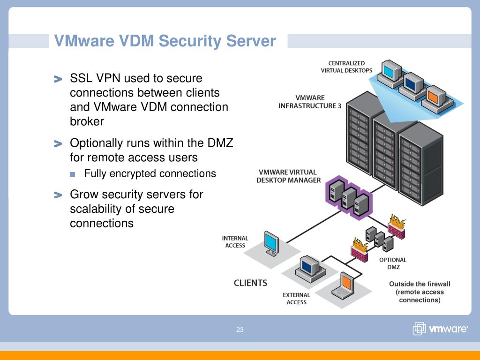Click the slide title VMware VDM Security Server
tap(165, 41)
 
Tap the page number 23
tap(240, 330)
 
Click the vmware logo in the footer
tap(440, 329)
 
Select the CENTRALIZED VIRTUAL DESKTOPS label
tap(346, 67)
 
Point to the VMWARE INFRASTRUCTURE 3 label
tap(310, 102)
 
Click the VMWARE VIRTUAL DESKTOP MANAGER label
tap(288, 176)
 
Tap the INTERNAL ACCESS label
tap(235, 242)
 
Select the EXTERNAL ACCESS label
tap(296, 299)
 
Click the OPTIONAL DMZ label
tap(393, 263)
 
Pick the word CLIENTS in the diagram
tap(250, 283)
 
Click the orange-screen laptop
tap(344, 286)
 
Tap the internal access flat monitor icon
tap(272, 243)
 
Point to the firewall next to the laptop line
tap(360, 250)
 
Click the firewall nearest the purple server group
tap(397, 226)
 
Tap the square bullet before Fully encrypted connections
tap(73, 174)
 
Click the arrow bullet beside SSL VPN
tap(58, 79)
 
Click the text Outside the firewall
tap(420, 284)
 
